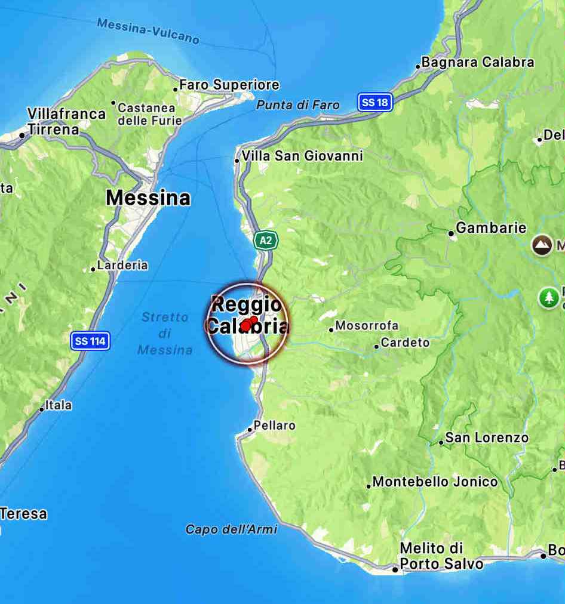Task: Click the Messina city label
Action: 148,198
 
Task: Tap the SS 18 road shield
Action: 376,102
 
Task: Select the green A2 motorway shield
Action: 266,241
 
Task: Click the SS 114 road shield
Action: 90,341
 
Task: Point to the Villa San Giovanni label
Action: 302,156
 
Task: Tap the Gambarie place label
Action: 491,227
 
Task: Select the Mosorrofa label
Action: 367,326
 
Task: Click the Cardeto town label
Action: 405,343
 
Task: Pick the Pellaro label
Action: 275,426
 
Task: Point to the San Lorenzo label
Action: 487,437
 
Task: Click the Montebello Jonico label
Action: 435,482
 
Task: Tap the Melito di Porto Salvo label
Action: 441,556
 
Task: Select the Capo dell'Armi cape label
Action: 231,529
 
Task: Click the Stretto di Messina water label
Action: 165,334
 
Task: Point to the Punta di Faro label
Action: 297,105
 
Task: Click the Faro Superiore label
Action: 229,85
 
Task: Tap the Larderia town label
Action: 122,265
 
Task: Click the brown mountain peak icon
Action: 542,245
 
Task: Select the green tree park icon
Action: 548,297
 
